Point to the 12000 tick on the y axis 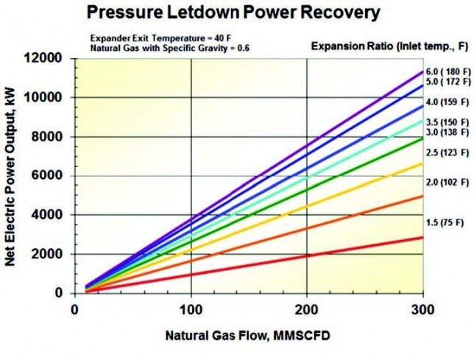pyautogui.click(x=48, y=58)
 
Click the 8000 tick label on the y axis pyautogui.click(x=51, y=137)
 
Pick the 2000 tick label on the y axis pyautogui.click(x=51, y=254)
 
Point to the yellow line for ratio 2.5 pyautogui.click(x=294, y=210)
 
